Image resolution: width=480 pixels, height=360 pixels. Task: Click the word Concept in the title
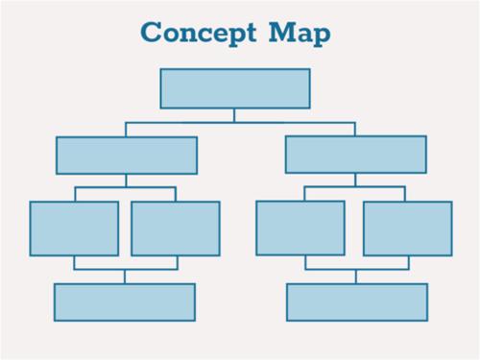(x=199, y=34)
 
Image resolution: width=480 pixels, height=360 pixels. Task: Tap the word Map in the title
(x=300, y=34)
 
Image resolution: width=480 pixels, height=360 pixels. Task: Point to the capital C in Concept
(x=152, y=32)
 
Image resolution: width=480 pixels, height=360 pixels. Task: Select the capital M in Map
(x=282, y=32)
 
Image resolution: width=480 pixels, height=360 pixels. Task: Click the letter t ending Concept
(x=251, y=33)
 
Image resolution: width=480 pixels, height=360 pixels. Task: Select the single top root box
(x=235, y=88)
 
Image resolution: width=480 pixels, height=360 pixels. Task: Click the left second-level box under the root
(x=127, y=156)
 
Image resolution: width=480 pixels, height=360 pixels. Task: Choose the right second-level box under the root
(x=356, y=155)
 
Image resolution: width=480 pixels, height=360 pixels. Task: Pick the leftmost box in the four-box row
(x=74, y=228)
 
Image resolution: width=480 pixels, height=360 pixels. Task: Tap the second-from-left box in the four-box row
(x=176, y=228)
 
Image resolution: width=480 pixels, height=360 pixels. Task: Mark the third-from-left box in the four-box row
(x=300, y=228)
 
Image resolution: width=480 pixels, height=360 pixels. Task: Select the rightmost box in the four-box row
(x=408, y=228)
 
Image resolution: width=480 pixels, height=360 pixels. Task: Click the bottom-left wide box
(x=125, y=302)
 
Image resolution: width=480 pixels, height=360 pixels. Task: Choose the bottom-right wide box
(x=357, y=302)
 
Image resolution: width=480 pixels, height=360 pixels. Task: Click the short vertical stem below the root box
(x=234, y=115)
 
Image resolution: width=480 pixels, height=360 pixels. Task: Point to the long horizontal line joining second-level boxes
(x=240, y=123)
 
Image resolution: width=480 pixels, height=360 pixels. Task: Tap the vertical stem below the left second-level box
(x=126, y=180)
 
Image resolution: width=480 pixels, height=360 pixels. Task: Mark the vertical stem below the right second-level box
(x=355, y=180)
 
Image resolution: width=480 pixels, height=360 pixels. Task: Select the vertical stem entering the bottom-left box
(x=125, y=276)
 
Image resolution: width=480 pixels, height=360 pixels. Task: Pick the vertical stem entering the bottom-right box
(x=356, y=276)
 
